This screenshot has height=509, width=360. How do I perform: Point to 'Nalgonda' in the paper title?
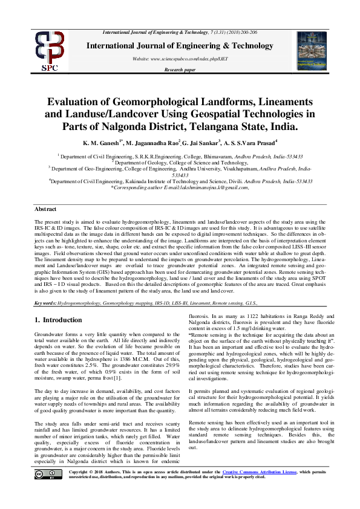pos(131,127)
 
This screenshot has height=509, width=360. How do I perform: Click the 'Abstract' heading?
pos(45,209)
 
